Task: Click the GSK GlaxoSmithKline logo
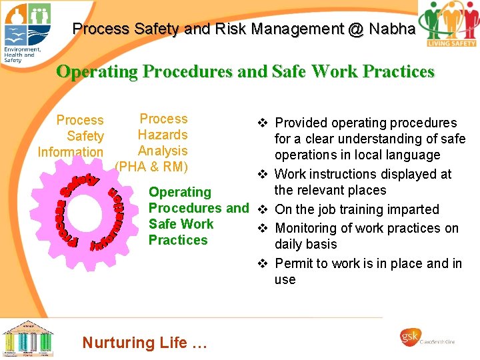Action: coord(429,339)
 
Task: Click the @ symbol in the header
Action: coord(353,29)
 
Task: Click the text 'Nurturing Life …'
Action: coord(145,343)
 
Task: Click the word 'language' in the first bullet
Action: coord(415,155)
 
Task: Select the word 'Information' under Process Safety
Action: coord(71,152)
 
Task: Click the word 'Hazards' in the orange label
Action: coord(163,135)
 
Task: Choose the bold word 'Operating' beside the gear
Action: coord(179,192)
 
